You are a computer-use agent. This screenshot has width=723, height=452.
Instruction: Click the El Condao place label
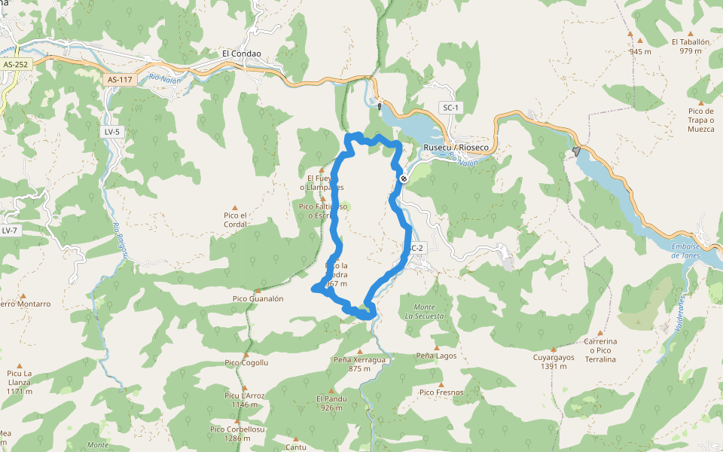(242, 54)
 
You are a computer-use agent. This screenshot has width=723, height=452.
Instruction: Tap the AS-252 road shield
(14, 65)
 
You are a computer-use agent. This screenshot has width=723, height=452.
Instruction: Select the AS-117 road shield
(120, 78)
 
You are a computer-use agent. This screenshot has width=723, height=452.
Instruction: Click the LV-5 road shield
(112, 132)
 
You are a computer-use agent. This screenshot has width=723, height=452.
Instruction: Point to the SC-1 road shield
(450, 108)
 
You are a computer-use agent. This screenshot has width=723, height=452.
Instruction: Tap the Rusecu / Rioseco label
(456, 147)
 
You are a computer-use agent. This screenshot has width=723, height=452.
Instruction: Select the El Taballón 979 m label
(691, 47)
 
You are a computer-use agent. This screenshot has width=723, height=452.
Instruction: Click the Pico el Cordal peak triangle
(235, 207)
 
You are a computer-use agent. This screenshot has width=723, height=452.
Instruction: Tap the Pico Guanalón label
(258, 299)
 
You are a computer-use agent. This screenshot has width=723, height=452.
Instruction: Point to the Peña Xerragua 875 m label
(359, 365)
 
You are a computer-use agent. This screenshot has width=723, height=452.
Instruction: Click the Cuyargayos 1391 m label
(554, 362)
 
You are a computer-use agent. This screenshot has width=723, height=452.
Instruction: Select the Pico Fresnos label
(441, 392)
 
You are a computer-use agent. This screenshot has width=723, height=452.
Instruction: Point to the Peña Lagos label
(436, 355)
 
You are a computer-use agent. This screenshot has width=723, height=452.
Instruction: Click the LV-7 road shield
(10, 231)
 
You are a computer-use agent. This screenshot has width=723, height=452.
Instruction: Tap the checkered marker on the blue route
(404, 179)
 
